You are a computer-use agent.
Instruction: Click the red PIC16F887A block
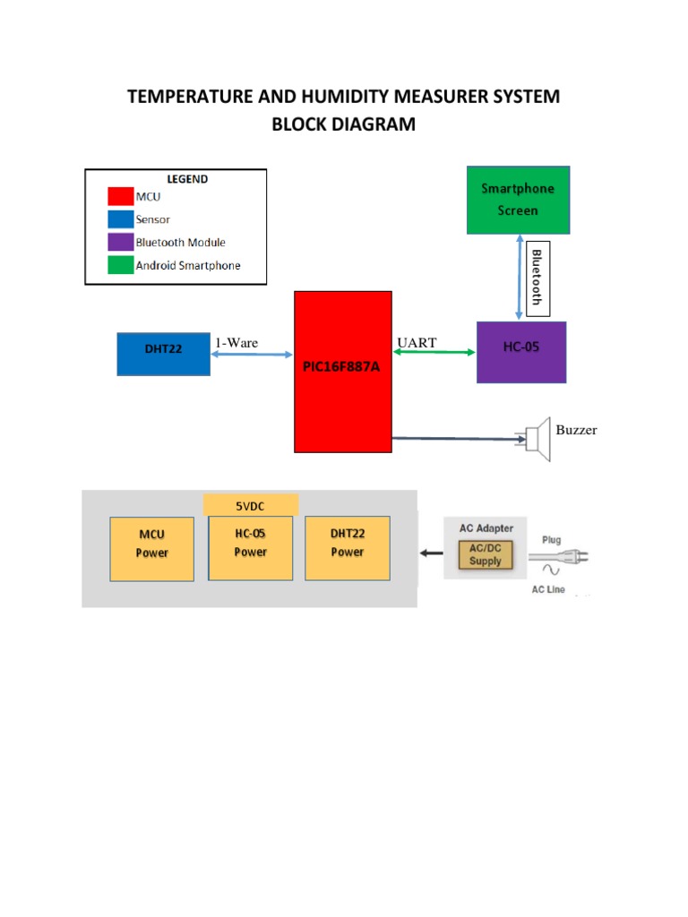point(343,371)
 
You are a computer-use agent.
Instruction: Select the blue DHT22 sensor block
point(163,353)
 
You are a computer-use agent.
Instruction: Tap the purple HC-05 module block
point(521,351)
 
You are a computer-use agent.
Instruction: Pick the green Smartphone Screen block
point(518,200)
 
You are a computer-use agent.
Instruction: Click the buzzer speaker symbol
point(537,438)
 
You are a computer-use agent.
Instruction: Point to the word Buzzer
point(576,430)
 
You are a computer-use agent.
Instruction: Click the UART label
point(416,342)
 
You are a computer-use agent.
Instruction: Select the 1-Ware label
point(236,342)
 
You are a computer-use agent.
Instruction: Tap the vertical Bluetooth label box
point(536,277)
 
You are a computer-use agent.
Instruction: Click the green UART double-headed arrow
point(434,353)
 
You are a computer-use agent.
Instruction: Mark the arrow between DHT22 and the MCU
point(252,355)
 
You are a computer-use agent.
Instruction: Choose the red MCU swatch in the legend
point(120,197)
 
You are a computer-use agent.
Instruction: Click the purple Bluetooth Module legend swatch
point(120,243)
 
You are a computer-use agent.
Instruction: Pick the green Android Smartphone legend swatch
point(120,265)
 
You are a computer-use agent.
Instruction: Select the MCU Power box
point(151,548)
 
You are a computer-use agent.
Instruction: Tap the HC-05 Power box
point(250,547)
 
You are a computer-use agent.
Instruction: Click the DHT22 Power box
point(347,547)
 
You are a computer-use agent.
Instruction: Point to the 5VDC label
point(250,504)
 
